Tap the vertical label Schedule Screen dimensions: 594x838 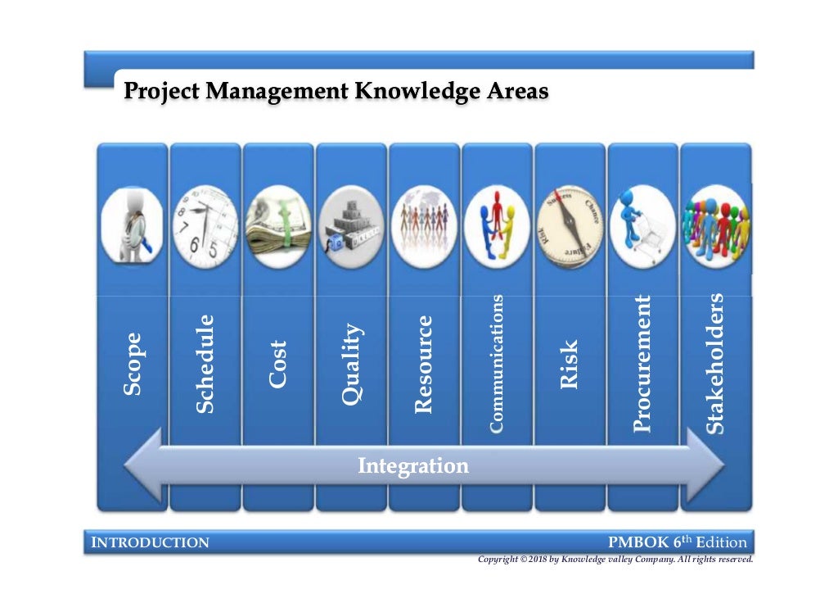tap(205, 363)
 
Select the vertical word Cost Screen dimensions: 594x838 tap(278, 364)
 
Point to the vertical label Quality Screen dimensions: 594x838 tap(351, 364)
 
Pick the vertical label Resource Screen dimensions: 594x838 tap(423, 364)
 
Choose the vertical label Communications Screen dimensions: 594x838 tap(496, 362)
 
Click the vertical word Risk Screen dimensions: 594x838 tap(570, 364)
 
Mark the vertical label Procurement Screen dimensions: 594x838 tap(642, 363)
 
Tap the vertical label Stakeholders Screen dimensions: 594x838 tap(715, 363)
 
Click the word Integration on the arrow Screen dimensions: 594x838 tap(413, 466)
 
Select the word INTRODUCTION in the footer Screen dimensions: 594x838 tap(149, 542)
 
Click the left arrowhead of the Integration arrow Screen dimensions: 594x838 tap(143, 467)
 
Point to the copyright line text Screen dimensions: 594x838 tap(615, 560)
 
